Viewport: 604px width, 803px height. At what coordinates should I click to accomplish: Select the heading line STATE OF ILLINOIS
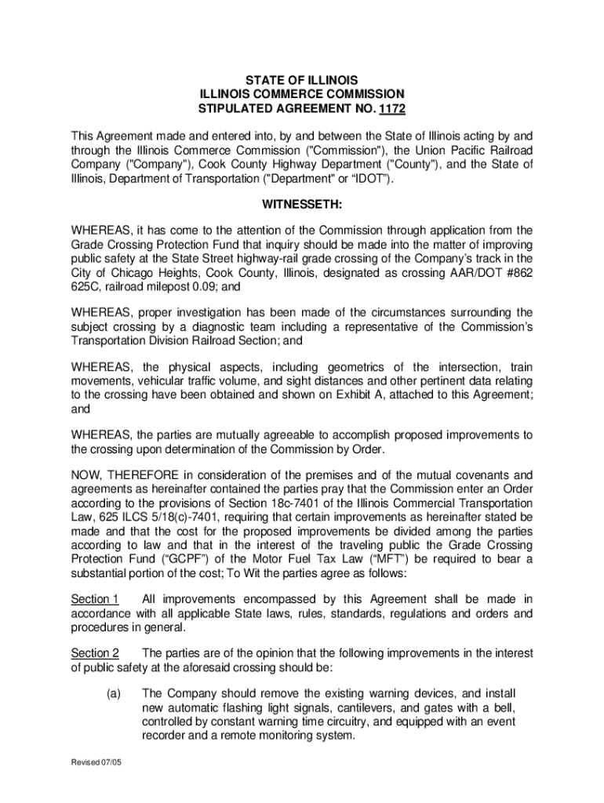302,80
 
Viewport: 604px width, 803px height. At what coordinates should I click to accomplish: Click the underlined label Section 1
95,600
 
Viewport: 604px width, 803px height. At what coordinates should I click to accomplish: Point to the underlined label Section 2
95,653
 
